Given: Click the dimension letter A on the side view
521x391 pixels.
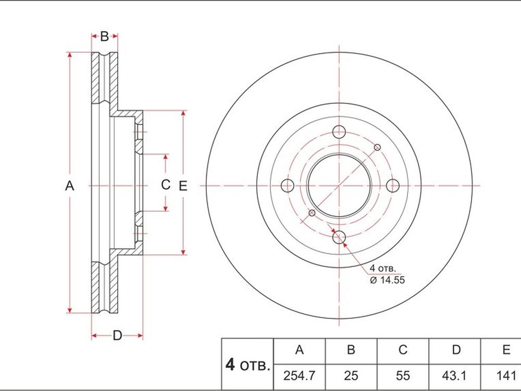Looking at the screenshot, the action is tap(69, 186).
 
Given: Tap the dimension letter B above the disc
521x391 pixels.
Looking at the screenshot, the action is tap(104, 36).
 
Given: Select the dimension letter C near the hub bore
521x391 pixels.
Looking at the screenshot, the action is tap(166, 185).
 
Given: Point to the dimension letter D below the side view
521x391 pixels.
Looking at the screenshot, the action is tap(117, 335).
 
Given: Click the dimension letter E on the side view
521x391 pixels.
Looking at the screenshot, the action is tap(183, 186).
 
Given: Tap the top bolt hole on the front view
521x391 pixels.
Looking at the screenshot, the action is tap(339, 132).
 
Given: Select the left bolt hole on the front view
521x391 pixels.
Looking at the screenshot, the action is tap(288, 185).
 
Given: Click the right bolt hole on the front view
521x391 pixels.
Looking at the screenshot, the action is tap(393, 185).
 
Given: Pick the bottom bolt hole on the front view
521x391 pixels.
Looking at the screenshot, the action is tap(339, 237).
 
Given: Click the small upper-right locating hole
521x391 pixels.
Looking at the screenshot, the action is tap(377, 147).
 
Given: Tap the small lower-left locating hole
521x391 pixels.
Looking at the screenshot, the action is tap(312, 213).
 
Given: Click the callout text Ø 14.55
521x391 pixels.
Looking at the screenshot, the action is tap(388, 280).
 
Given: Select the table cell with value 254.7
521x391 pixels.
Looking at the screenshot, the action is tap(299, 376).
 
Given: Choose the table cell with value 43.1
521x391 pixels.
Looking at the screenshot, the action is tap(454, 376).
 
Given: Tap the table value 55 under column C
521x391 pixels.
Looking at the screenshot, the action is tap(403, 376).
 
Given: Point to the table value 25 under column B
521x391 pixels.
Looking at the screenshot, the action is tap(351, 376).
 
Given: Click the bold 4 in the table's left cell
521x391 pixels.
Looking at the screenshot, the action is tap(230, 365).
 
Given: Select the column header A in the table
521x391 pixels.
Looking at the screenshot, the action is tap(300, 350).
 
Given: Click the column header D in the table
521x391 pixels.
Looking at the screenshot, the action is tap(456, 350).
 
